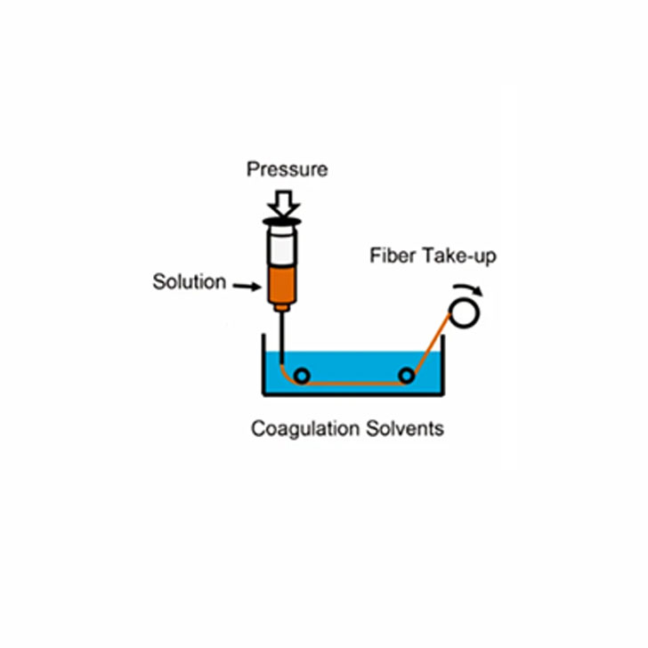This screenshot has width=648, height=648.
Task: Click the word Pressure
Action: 288,169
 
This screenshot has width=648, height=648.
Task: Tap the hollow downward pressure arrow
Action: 283,203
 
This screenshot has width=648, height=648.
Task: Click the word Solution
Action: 190,282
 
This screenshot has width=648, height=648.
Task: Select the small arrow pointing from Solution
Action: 247,286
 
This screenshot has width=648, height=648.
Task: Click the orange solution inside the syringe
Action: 282,285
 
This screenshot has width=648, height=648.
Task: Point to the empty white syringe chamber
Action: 282,249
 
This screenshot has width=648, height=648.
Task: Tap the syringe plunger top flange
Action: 282,223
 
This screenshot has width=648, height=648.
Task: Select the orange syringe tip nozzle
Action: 282,307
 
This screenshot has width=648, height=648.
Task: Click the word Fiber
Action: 393,255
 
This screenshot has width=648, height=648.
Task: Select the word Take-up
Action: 459,256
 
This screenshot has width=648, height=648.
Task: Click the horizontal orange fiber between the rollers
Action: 354,384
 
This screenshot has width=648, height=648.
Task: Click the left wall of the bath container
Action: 263,364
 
